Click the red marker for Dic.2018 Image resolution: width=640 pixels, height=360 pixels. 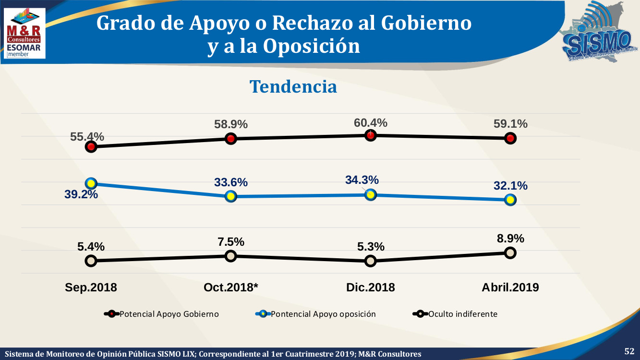pyautogui.click(x=370, y=135)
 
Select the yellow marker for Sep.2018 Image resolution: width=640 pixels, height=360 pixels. pyautogui.click(x=91, y=183)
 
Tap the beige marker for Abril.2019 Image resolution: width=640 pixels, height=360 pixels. pyautogui.click(x=510, y=252)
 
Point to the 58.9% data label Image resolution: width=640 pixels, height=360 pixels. pyautogui.click(x=231, y=124)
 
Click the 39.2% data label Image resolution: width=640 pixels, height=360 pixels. pyautogui.click(x=82, y=194)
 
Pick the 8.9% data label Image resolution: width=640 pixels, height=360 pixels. pyautogui.click(x=510, y=239)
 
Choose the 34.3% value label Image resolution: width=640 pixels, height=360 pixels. pyautogui.click(x=362, y=180)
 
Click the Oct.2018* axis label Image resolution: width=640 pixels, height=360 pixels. pyautogui.click(x=231, y=287)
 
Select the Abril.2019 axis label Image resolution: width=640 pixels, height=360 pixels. pyautogui.click(x=510, y=287)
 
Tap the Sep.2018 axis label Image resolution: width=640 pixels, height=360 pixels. pyautogui.click(x=91, y=287)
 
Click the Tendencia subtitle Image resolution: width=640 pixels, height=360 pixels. pyautogui.click(x=293, y=86)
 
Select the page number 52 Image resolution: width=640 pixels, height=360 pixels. pyautogui.click(x=629, y=351)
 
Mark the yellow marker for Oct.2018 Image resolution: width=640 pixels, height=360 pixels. pyautogui.click(x=231, y=196)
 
